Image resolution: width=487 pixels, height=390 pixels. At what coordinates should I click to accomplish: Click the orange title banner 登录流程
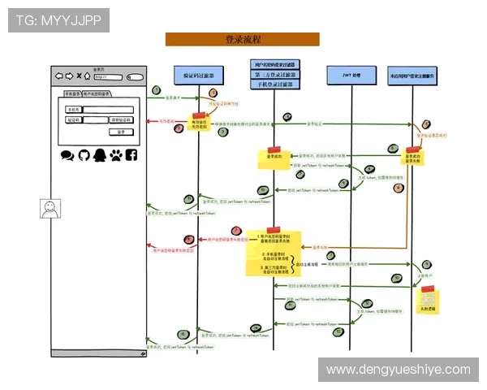coord(242,39)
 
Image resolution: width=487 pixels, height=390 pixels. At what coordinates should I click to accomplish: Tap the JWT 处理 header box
coord(350,75)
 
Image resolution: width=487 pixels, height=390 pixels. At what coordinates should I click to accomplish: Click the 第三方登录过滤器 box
coord(274,74)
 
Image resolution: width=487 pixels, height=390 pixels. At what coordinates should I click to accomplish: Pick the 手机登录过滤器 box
coord(274,84)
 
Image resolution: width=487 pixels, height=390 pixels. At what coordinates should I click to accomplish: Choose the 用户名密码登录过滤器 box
coord(274,64)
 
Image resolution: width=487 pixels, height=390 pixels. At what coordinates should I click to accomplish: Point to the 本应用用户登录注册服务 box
coord(412,76)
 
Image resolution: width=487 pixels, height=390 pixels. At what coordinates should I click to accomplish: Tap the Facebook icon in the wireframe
coord(131,154)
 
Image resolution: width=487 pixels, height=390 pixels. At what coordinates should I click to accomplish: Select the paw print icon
coord(115,154)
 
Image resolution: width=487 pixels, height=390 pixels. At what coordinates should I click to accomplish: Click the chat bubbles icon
coord(67,154)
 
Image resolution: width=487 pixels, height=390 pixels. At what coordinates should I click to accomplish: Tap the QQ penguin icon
coord(99,154)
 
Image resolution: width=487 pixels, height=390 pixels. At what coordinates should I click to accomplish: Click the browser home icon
coord(88,77)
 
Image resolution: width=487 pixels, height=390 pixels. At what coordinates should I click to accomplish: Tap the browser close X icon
coord(79,77)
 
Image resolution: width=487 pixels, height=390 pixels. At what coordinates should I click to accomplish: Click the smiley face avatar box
coord(50,209)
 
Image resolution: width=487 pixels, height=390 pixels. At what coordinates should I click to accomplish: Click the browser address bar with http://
coord(114,77)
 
